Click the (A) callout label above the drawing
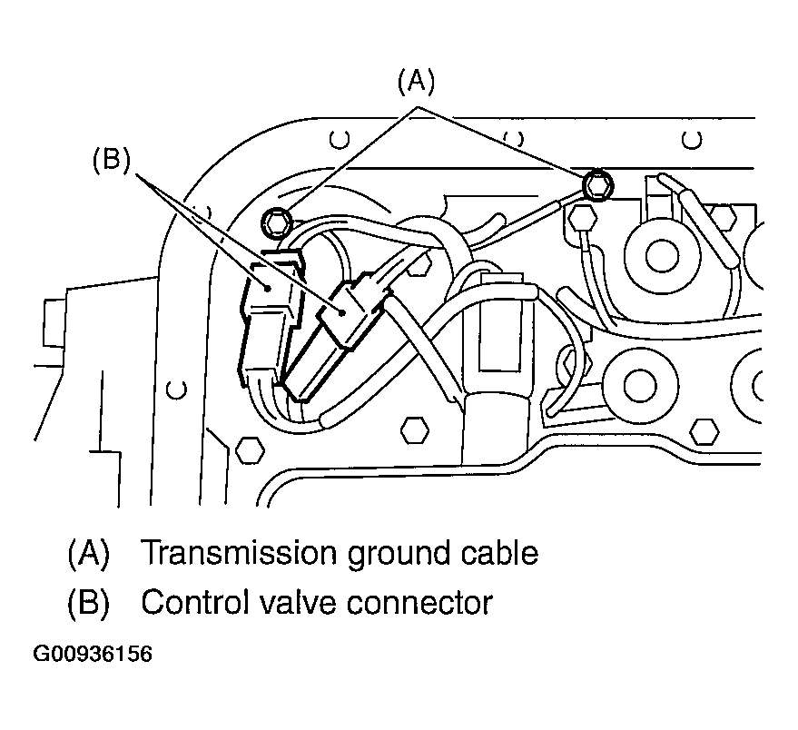[417, 83]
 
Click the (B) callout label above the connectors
[112, 160]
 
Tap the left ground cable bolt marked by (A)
[276, 220]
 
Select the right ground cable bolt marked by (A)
[596, 185]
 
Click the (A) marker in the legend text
[88, 553]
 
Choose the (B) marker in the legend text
[88, 602]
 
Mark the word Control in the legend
[187, 602]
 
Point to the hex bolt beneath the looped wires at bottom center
[415, 427]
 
